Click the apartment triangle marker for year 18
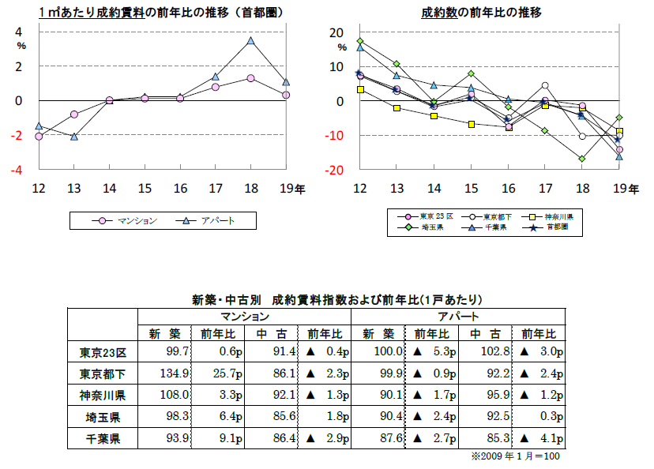250,40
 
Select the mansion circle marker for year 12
38,137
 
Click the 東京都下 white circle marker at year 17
545,85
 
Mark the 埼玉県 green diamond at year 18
582,159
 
